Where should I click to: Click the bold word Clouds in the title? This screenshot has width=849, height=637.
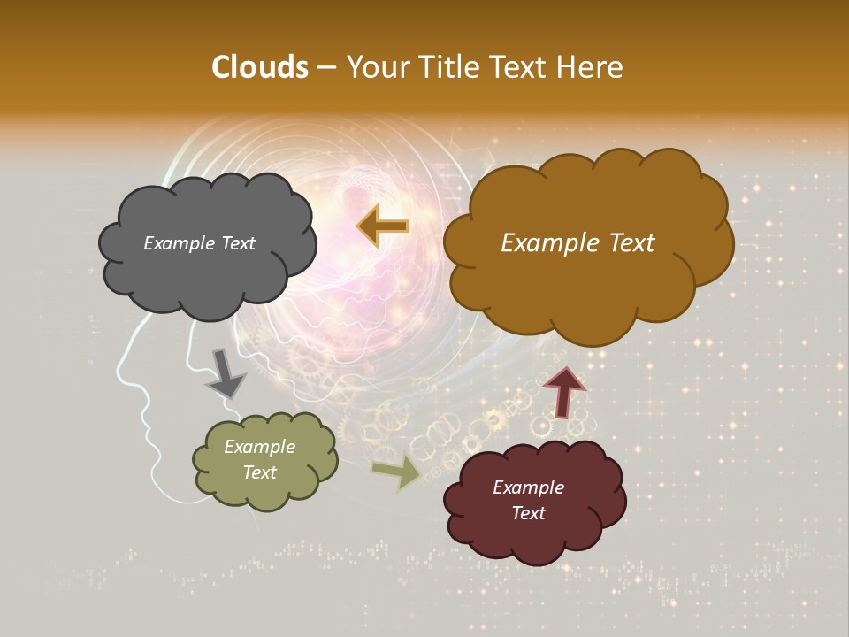tap(260, 67)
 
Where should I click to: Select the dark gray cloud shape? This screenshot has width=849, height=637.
tap(208, 274)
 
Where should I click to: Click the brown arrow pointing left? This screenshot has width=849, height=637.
tap(383, 226)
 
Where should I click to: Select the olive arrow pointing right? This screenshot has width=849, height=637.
tap(396, 472)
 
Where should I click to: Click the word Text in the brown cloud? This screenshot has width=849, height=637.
tap(623, 243)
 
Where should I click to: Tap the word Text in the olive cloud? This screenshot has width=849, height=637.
tap(260, 472)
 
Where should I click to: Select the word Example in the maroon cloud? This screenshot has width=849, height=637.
tap(528, 487)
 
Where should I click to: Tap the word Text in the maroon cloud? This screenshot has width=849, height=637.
tap(528, 513)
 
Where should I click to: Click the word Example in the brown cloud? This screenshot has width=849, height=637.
tap(543, 243)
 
